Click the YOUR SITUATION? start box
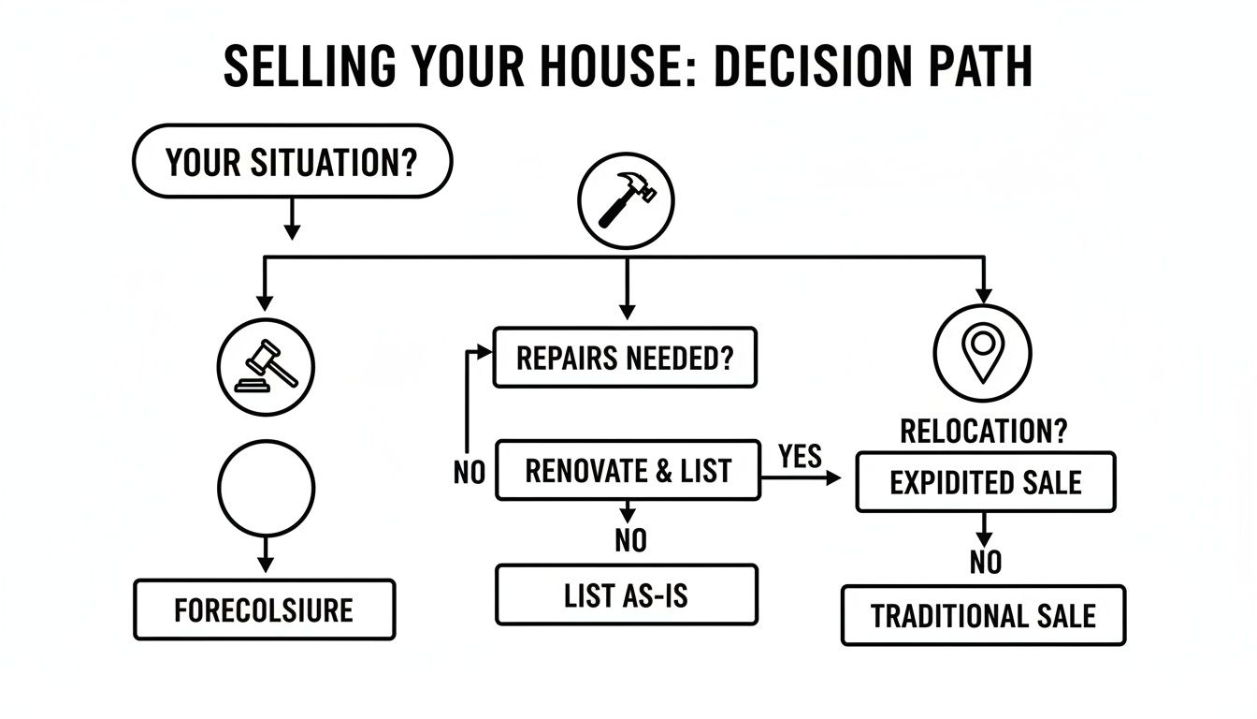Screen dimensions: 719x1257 (x=293, y=161)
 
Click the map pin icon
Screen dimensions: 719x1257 (x=982, y=354)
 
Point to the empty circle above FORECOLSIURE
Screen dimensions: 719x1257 (x=266, y=487)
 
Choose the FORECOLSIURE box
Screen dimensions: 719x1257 (x=265, y=610)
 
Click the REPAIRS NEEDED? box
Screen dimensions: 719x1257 (x=625, y=358)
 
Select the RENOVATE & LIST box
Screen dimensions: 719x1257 (x=628, y=470)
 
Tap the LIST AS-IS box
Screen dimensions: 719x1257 (x=626, y=595)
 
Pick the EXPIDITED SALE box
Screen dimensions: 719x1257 (x=986, y=482)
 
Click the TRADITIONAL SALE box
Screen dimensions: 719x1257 (x=983, y=616)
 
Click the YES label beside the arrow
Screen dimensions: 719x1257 (x=800, y=456)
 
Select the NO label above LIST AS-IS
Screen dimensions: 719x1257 (x=630, y=540)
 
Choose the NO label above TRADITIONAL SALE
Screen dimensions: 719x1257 (x=986, y=562)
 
